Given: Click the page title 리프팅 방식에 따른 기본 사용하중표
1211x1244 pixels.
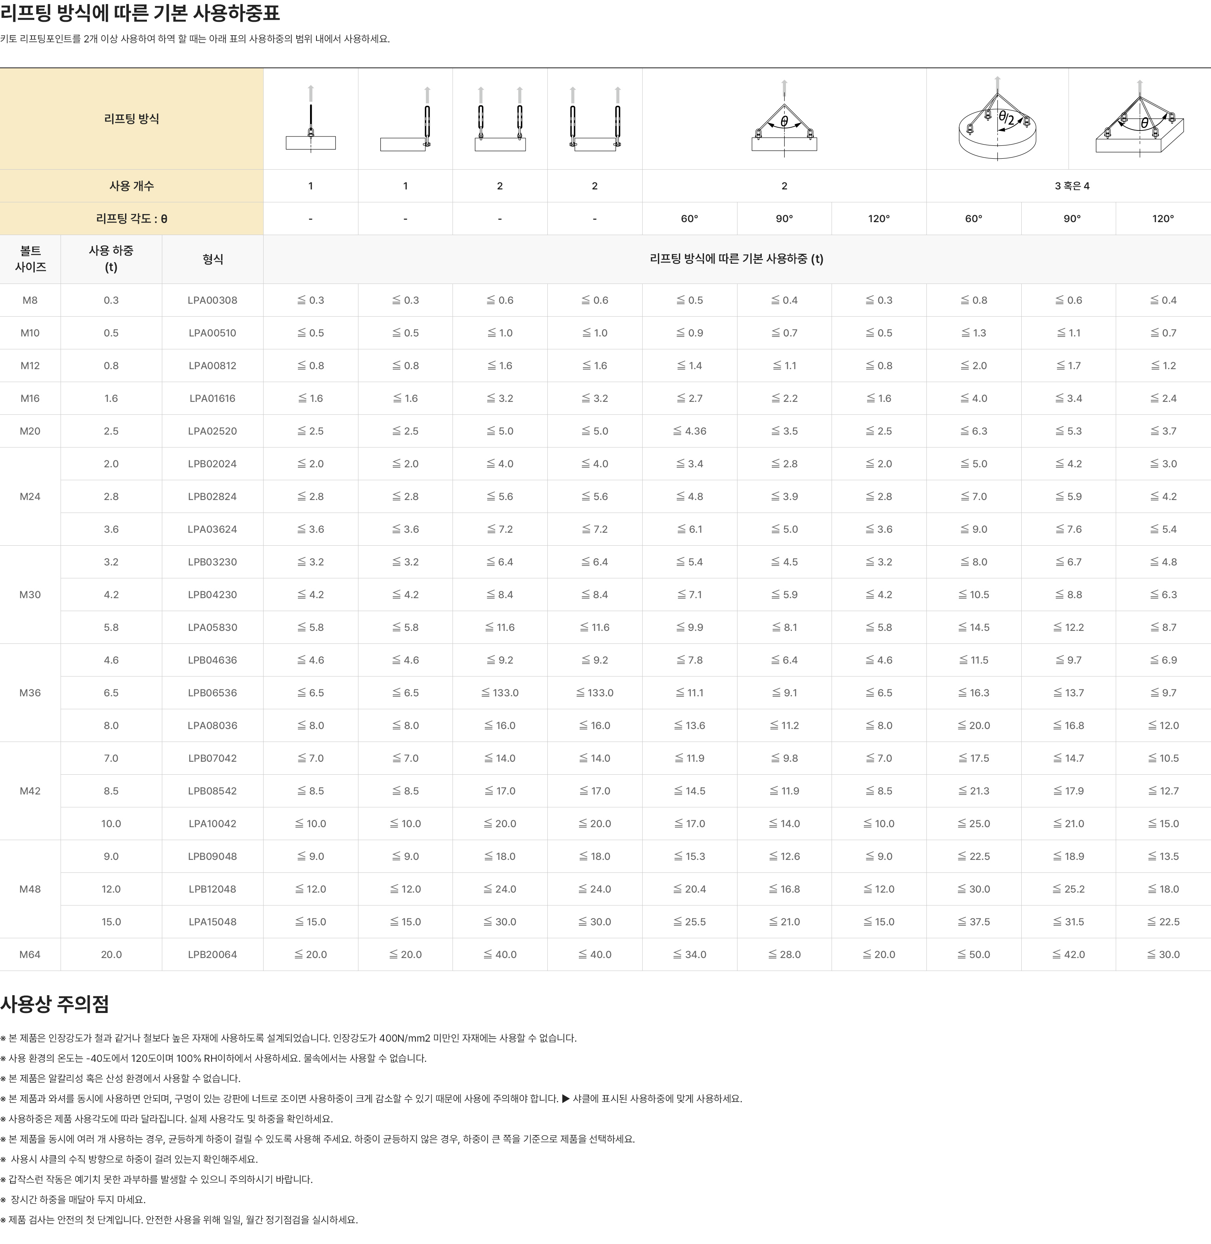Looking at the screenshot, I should [x=140, y=13].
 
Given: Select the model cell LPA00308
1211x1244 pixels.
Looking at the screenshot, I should [x=212, y=300].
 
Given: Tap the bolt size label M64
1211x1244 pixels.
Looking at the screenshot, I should [x=30, y=954].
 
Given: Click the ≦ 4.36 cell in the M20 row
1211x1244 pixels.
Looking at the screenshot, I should [x=690, y=431].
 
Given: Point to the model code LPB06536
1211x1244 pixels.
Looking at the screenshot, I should [x=212, y=693].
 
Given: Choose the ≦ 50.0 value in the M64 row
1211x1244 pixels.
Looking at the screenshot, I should [x=974, y=954].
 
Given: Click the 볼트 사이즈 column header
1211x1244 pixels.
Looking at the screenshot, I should [x=30, y=259].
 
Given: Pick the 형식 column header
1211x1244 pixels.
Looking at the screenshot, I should [x=212, y=259].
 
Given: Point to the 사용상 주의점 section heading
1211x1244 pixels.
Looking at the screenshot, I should [x=55, y=1004].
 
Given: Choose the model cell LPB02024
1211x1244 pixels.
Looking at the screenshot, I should [x=212, y=464].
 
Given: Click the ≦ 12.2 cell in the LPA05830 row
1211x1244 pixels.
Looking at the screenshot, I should [x=1069, y=627].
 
